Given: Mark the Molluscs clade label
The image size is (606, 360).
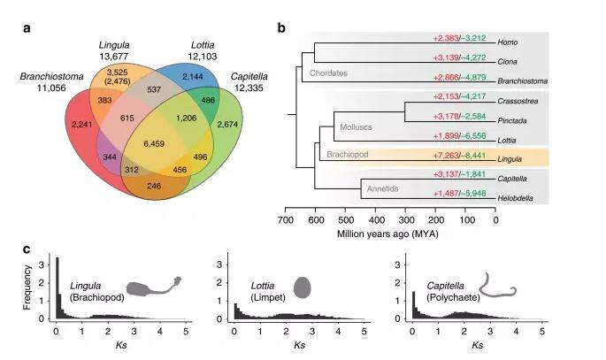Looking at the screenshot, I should (357, 127).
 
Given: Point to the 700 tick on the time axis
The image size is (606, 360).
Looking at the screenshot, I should (285, 221).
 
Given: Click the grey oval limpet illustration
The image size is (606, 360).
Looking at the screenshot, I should (303, 287).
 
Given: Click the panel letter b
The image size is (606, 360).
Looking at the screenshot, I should (281, 27).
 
